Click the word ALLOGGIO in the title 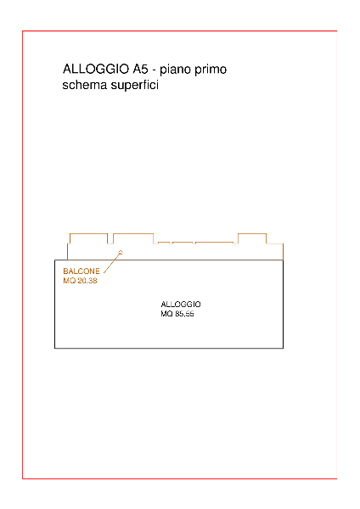click(96, 70)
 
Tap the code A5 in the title click(140, 70)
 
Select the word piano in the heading click(177, 70)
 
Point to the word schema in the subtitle click(84, 85)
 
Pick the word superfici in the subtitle click(134, 86)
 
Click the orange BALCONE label click(82, 271)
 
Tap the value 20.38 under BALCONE click(87, 281)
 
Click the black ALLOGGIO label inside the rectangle click(181, 305)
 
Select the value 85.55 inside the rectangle click(184, 314)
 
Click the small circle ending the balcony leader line click(121, 252)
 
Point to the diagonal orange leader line click(111, 263)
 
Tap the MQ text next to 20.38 click(70, 281)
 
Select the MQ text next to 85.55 click(166, 314)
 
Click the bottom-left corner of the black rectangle click(55, 349)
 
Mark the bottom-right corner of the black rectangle click(283, 349)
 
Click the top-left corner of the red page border click(22, 31)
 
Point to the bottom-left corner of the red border click(22, 478)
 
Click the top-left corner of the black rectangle click(55, 260)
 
